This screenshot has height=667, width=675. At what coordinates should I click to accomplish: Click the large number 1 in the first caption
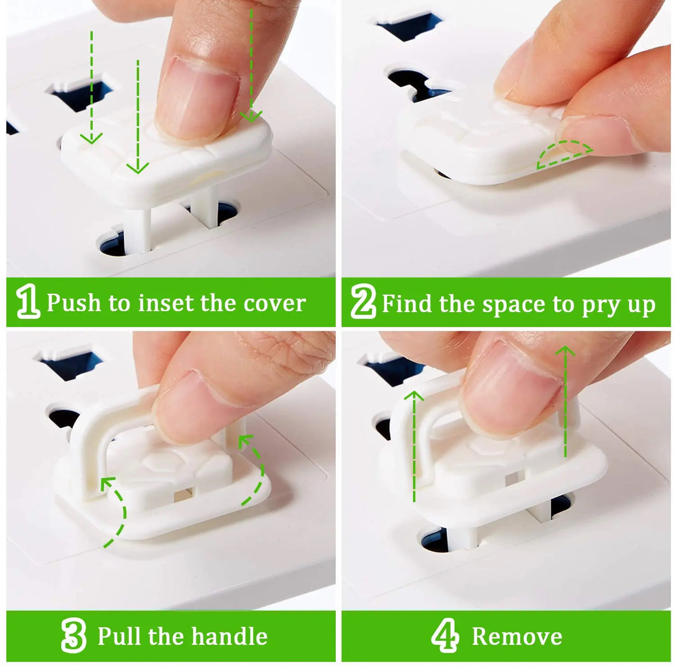tap(28, 302)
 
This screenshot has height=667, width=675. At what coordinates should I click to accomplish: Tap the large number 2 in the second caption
tap(363, 302)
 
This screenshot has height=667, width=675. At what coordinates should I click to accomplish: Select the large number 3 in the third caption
tap(73, 636)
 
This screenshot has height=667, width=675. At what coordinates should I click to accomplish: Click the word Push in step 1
tap(73, 303)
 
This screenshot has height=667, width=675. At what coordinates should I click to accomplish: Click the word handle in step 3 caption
tap(229, 636)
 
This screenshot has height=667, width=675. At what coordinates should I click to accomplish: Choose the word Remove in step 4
tap(517, 637)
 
